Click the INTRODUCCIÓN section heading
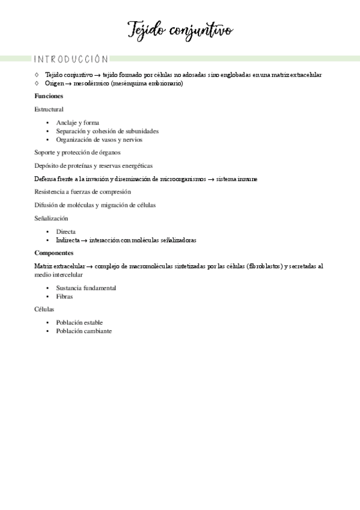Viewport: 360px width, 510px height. point(71,60)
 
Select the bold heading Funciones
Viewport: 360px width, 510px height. point(49,96)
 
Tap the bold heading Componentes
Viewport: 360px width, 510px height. point(54,253)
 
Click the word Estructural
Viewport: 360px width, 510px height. point(49,109)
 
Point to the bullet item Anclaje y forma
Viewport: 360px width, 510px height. point(78,123)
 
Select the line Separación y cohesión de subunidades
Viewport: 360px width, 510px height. point(107,131)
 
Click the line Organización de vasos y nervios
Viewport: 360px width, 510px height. point(99,140)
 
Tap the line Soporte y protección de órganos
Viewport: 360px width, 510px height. point(78,153)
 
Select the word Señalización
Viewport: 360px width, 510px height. point(52,218)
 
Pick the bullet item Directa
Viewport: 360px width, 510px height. point(66,232)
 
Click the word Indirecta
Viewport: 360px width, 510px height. point(68,240)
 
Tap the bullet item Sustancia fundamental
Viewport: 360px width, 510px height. point(86,288)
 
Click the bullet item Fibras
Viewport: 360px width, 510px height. point(65,296)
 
